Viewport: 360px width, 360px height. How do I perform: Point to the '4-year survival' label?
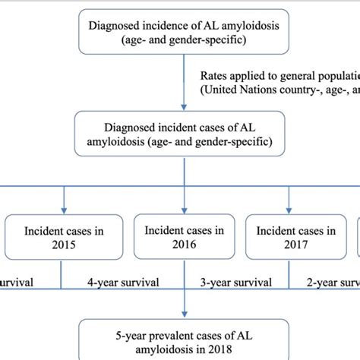[x=122, y=283]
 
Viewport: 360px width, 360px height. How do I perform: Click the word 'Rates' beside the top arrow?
[x=216, y=76]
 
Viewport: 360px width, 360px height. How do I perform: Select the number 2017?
[x=292, y=245]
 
